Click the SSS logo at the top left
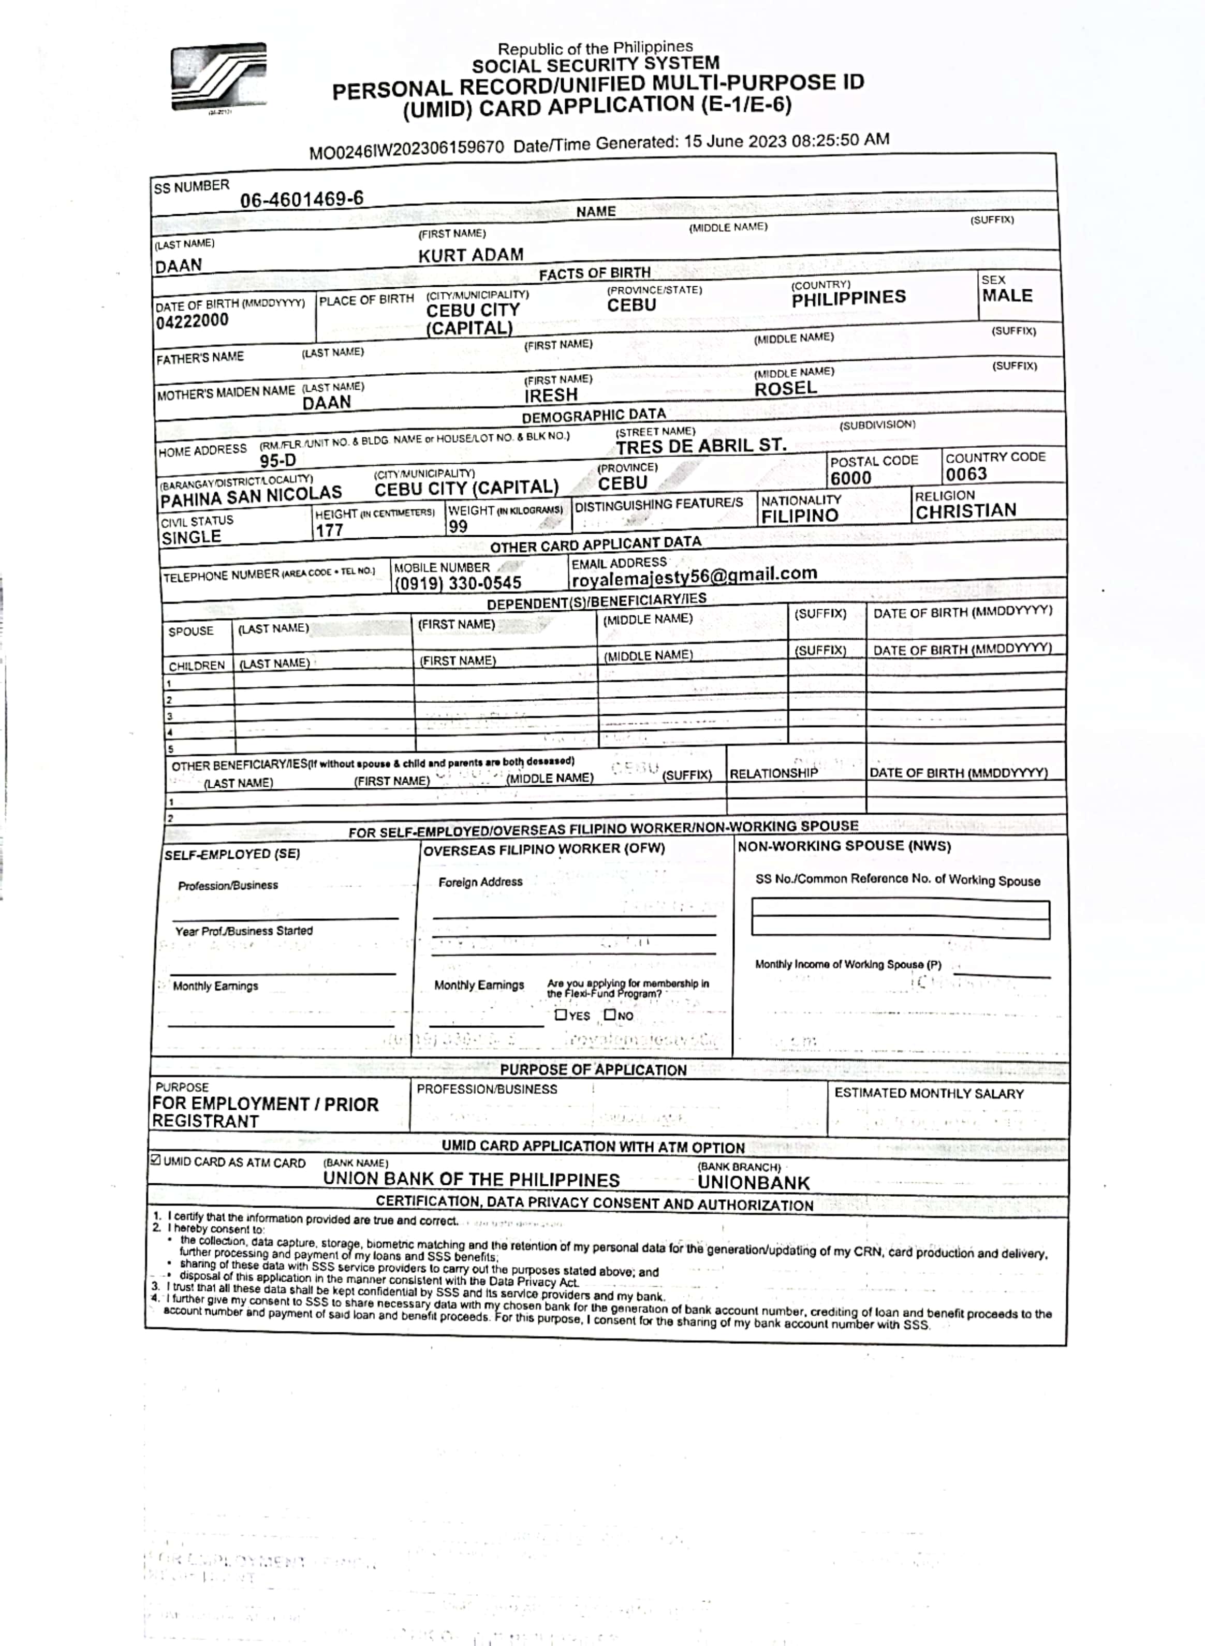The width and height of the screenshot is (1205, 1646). click(219, 77)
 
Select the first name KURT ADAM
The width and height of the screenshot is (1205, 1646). click(471, 255)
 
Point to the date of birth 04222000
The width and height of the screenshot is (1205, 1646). click(192, 321)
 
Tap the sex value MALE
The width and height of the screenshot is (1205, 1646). click(1007, 296)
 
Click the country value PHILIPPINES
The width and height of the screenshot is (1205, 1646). click(848, 298)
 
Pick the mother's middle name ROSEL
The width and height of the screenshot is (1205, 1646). click(786, 389)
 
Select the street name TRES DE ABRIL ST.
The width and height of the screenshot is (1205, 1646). click(700, 446)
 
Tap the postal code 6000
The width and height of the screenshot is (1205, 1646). click(850, 478)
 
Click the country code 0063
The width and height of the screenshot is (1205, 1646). click(966, 474)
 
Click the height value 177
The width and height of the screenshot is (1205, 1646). click(329, 530)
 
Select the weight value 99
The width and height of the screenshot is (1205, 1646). click(458, 526)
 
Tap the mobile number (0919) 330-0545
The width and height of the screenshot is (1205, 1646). click(458, 583)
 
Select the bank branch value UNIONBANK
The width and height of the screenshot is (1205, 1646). click(754, 1183)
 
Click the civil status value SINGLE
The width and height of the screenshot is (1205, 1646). click(191, 537)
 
